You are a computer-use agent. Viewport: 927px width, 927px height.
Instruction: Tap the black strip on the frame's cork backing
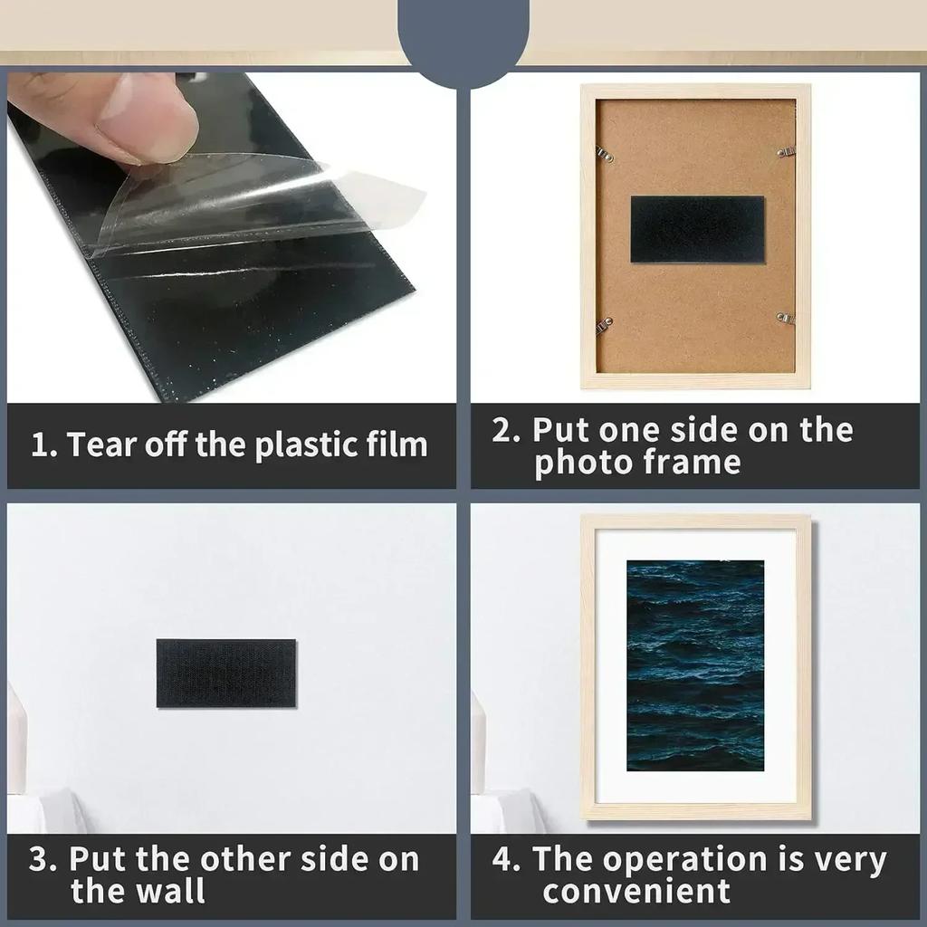point(697,229)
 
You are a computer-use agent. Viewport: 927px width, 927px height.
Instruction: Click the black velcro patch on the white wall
point(225,673)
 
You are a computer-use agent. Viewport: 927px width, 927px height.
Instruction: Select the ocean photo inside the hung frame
point(694,665)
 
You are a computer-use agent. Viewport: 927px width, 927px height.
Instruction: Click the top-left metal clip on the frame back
point(604,154)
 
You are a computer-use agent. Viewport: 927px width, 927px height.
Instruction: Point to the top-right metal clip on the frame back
point(785,152)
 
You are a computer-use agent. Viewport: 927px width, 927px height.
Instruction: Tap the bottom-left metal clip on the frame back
point(604,323)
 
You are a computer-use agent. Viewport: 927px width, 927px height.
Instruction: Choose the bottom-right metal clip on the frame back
point(785,318)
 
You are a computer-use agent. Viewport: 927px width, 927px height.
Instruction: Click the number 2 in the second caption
point(504,430)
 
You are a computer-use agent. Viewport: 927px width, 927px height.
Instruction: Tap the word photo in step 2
point(583,463)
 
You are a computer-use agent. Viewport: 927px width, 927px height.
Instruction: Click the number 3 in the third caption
point(42,859)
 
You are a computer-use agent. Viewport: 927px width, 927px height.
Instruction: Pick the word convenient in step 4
point(636,891)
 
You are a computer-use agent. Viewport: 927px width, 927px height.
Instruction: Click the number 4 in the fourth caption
point(504,859)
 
